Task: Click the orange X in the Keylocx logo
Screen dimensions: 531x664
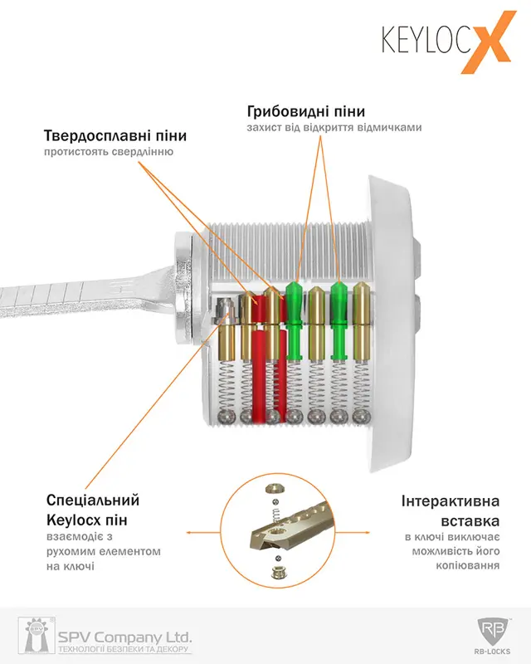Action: [x=488, y=42]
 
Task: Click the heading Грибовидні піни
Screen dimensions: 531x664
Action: [x=305, y=111]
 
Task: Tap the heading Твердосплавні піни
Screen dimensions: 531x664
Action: [x=115, y=135]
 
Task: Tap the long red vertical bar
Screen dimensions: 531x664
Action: [x=258, y=376]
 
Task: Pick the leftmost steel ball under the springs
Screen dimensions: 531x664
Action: [x=226, y=417]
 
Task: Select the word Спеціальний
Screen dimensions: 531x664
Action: [x=93, y=500]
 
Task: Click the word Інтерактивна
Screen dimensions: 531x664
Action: [x=451, y=501]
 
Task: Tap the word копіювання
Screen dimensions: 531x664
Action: [x=467, y=566]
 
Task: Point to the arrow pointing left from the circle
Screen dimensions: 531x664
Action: [x=203, y=532]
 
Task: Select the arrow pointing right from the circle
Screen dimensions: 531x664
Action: [x=353, y=532]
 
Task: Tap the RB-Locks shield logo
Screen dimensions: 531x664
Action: [x=494, y=632]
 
